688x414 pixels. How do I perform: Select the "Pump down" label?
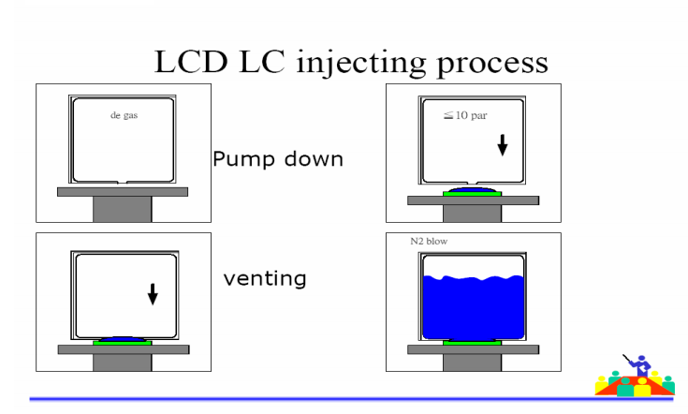coord(277,157)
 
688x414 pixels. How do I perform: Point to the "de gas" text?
coord(122,117)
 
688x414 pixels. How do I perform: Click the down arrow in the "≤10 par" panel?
coord(502,145)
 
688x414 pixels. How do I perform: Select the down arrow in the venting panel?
coord(154,294)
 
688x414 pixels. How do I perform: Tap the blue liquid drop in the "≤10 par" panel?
coord(471,190)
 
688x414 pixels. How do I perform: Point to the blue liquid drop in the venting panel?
coord(122,339)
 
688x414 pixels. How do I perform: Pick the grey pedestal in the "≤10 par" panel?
coord(472,211)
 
